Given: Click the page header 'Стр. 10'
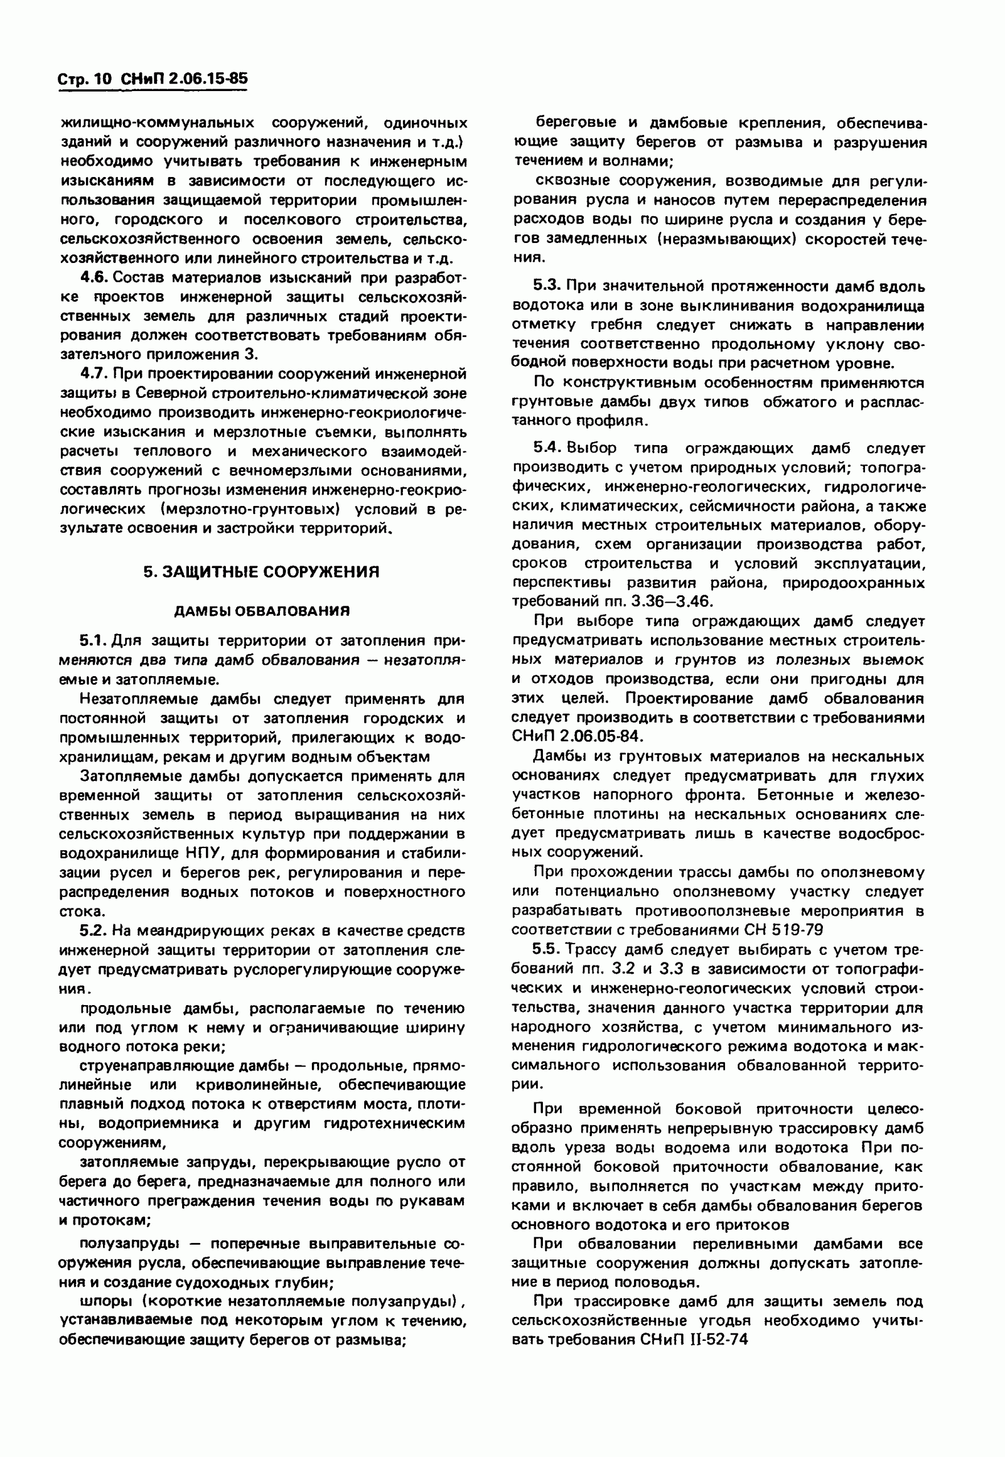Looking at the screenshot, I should tap(85, 79).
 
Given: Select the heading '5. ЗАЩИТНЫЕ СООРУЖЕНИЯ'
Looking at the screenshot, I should tap(261, 572).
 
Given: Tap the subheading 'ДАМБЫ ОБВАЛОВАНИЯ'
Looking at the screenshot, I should tap(261, 611).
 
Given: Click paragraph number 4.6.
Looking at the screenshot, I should tap(94, 278).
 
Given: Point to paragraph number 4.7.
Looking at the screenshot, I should tap(94, 374).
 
